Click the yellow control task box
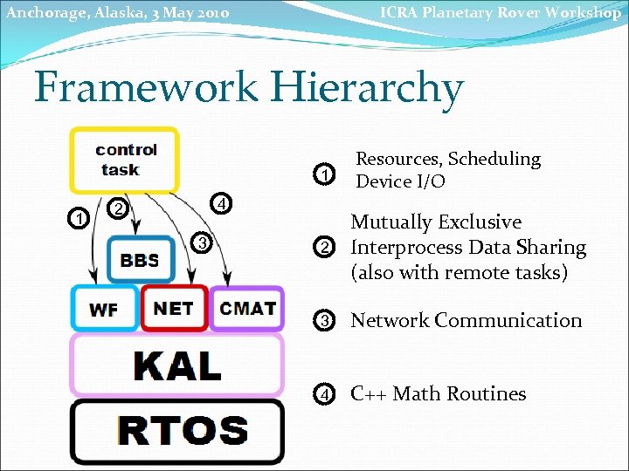125,160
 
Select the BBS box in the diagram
140,260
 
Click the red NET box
173,308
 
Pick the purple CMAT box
247,308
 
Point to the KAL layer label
177,365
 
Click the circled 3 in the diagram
201,242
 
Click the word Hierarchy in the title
367,88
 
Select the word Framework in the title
146,88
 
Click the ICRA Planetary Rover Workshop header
500,12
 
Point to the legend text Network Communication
466,320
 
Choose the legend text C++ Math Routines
438,393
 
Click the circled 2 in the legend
324,249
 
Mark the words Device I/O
400,181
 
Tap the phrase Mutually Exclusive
435,222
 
